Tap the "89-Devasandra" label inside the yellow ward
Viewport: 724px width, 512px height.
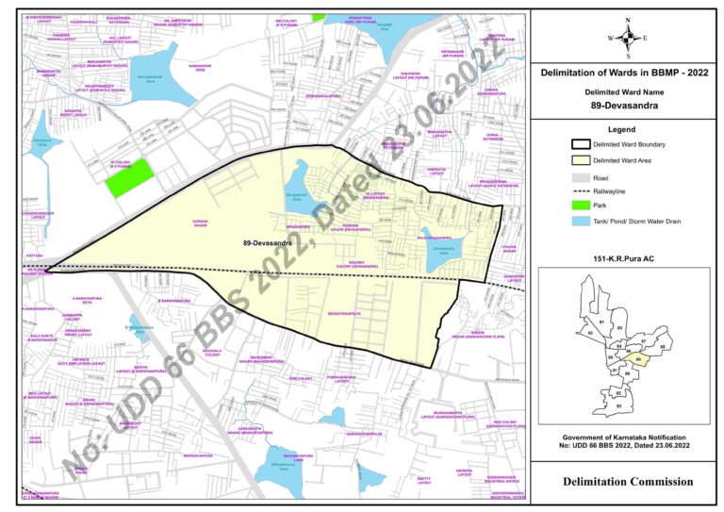point(267,243)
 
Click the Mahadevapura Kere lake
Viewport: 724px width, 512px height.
point(288,467)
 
